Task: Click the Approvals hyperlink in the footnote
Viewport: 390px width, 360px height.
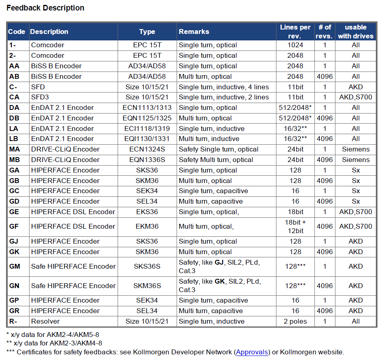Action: pos(252,352)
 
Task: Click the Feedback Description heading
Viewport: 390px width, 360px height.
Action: pos(45,8)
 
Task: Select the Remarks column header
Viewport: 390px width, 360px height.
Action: pos(194,32)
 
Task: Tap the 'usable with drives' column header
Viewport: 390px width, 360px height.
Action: pos(356,32)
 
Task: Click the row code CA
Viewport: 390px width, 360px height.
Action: pos(14,97)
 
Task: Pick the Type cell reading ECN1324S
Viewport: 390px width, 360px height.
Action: pos(147,149)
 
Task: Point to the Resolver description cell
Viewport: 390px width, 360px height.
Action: pos(45,321)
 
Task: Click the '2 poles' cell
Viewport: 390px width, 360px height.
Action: pos(295,321)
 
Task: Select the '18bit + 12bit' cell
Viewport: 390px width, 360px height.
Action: pos(295,227)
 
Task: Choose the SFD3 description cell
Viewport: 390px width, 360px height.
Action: pos(40,97)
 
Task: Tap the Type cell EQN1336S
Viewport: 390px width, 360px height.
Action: pos(147,160)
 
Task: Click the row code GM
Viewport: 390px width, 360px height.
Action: pos(15,266)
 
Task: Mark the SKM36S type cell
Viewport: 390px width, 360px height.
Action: pos(147,286)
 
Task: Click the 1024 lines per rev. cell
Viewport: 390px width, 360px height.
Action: pos(295,45)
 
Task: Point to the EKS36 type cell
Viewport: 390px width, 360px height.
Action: pos(147,212)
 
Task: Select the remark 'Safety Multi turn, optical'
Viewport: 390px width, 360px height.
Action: pos(216,160)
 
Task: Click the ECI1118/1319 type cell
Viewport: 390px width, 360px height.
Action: pos(147,128)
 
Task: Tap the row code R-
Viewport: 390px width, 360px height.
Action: pos(13,321)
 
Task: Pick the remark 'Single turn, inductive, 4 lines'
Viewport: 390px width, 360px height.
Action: pos(224,87)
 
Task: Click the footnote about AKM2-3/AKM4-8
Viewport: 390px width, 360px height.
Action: pos(54,343)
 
